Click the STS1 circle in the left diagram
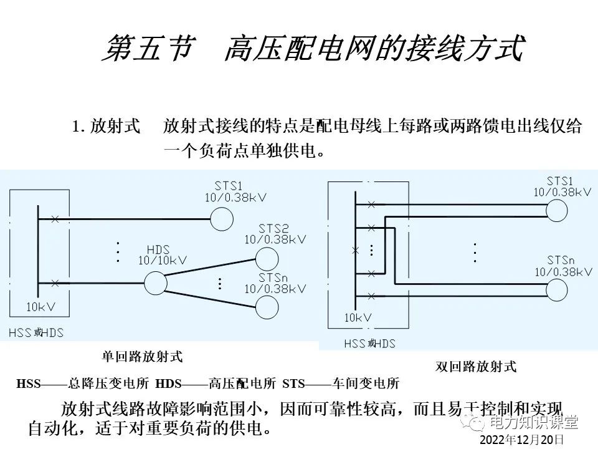221,219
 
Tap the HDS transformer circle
156,282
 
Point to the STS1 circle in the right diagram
557,210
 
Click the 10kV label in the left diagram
40,307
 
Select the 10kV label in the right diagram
358,317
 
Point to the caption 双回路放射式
476,366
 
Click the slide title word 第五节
146,49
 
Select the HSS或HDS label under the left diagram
36,332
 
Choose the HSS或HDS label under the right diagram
370,344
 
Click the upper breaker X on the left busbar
55,219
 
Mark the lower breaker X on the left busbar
55,283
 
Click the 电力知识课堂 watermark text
533,423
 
